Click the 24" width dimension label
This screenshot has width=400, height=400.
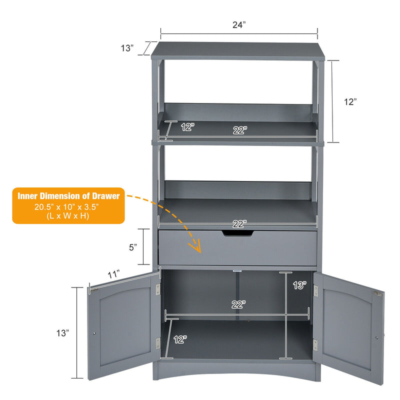(239, 24)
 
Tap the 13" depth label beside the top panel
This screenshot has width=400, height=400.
(127, 48)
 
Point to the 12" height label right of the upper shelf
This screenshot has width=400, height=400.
(350, 102)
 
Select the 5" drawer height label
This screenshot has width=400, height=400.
(133, 247)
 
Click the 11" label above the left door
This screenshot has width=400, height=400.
(113, 274)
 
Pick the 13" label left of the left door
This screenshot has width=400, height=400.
(63, 333)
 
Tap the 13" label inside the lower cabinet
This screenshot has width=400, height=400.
(299, 285)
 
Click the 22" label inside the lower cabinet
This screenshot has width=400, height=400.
(238, 304)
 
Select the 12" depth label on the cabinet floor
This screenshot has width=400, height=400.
(180, 339)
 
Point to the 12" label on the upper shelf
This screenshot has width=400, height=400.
(188, 127)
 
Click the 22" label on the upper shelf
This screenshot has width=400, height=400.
(240, 130)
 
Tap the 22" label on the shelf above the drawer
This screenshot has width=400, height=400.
(240, 224)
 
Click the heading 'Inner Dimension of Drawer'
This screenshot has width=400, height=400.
(68, 196)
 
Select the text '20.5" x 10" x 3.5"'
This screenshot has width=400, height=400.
(66, 207)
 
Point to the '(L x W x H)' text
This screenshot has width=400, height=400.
(68, 216)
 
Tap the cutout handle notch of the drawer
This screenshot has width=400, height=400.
(237, 233)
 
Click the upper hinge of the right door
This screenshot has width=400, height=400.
(316, 291)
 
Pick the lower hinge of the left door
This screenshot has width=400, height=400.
(158, 343)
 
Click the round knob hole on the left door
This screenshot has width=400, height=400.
(94, 333)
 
